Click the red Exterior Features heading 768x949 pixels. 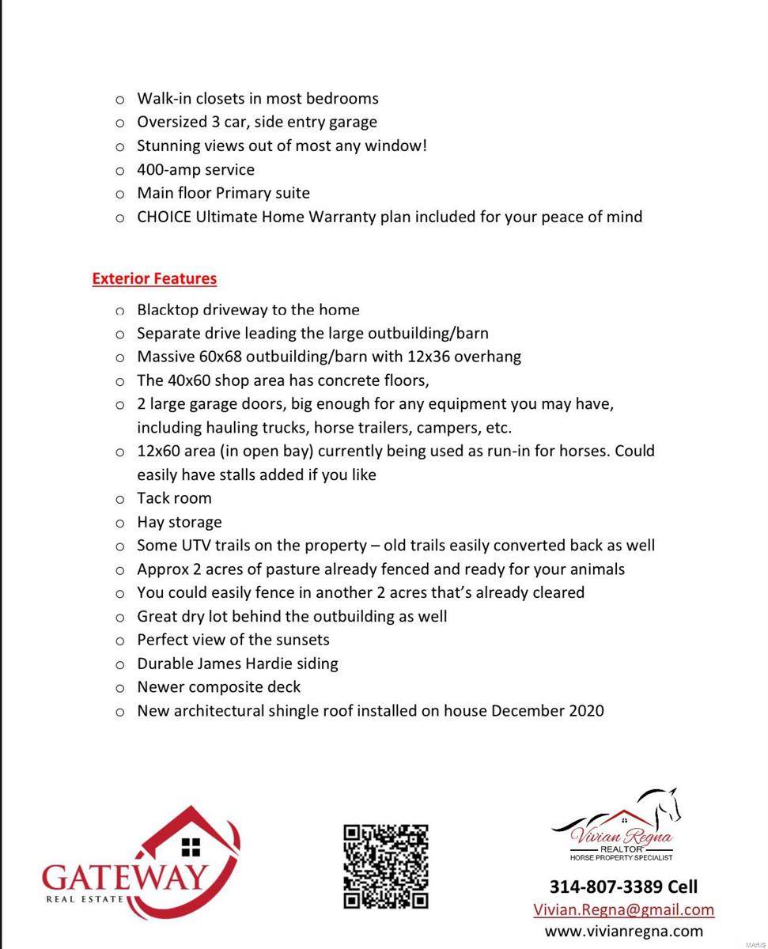[x=154, y=278]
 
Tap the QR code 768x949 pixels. [x=385, y=866]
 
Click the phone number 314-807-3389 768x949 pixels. [x=606, y=886]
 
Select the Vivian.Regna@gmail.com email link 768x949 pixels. [x=623, y=909]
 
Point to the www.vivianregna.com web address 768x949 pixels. [x=623, y=931]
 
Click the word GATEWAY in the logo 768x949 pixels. [x=125, y=876]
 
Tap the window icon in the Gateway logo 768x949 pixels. [x=191, y=847]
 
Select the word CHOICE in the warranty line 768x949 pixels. [x=164, y=217]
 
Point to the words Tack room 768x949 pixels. [x=174, y=498]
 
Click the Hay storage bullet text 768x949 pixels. [x=179, y=522]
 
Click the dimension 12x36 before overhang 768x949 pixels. [x=428, y=357]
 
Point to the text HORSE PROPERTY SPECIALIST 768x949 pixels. [x=621, y=857]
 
